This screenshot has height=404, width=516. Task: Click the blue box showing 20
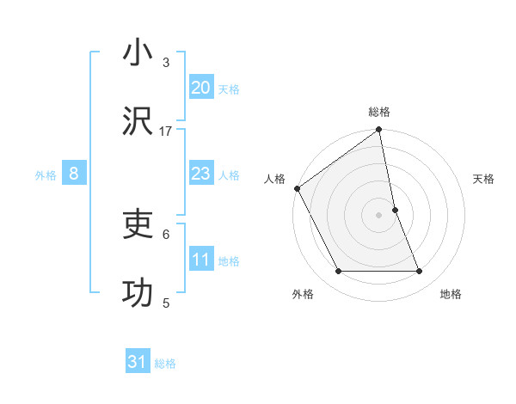200,88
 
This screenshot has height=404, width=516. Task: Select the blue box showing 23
200,174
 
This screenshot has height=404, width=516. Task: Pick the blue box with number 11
200,260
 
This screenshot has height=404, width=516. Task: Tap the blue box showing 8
74,174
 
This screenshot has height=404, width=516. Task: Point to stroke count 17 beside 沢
166,132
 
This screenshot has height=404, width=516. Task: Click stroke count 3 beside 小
166,63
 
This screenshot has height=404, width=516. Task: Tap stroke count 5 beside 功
166,303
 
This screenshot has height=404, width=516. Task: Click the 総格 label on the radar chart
379,112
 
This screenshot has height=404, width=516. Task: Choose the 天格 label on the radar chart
483,179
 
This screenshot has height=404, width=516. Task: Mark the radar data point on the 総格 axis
379,131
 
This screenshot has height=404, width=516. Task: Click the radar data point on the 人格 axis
297,188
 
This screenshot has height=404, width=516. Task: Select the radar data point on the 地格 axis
420,272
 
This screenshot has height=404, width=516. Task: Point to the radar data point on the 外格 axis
338,272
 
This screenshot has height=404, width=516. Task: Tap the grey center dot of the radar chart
379,215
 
